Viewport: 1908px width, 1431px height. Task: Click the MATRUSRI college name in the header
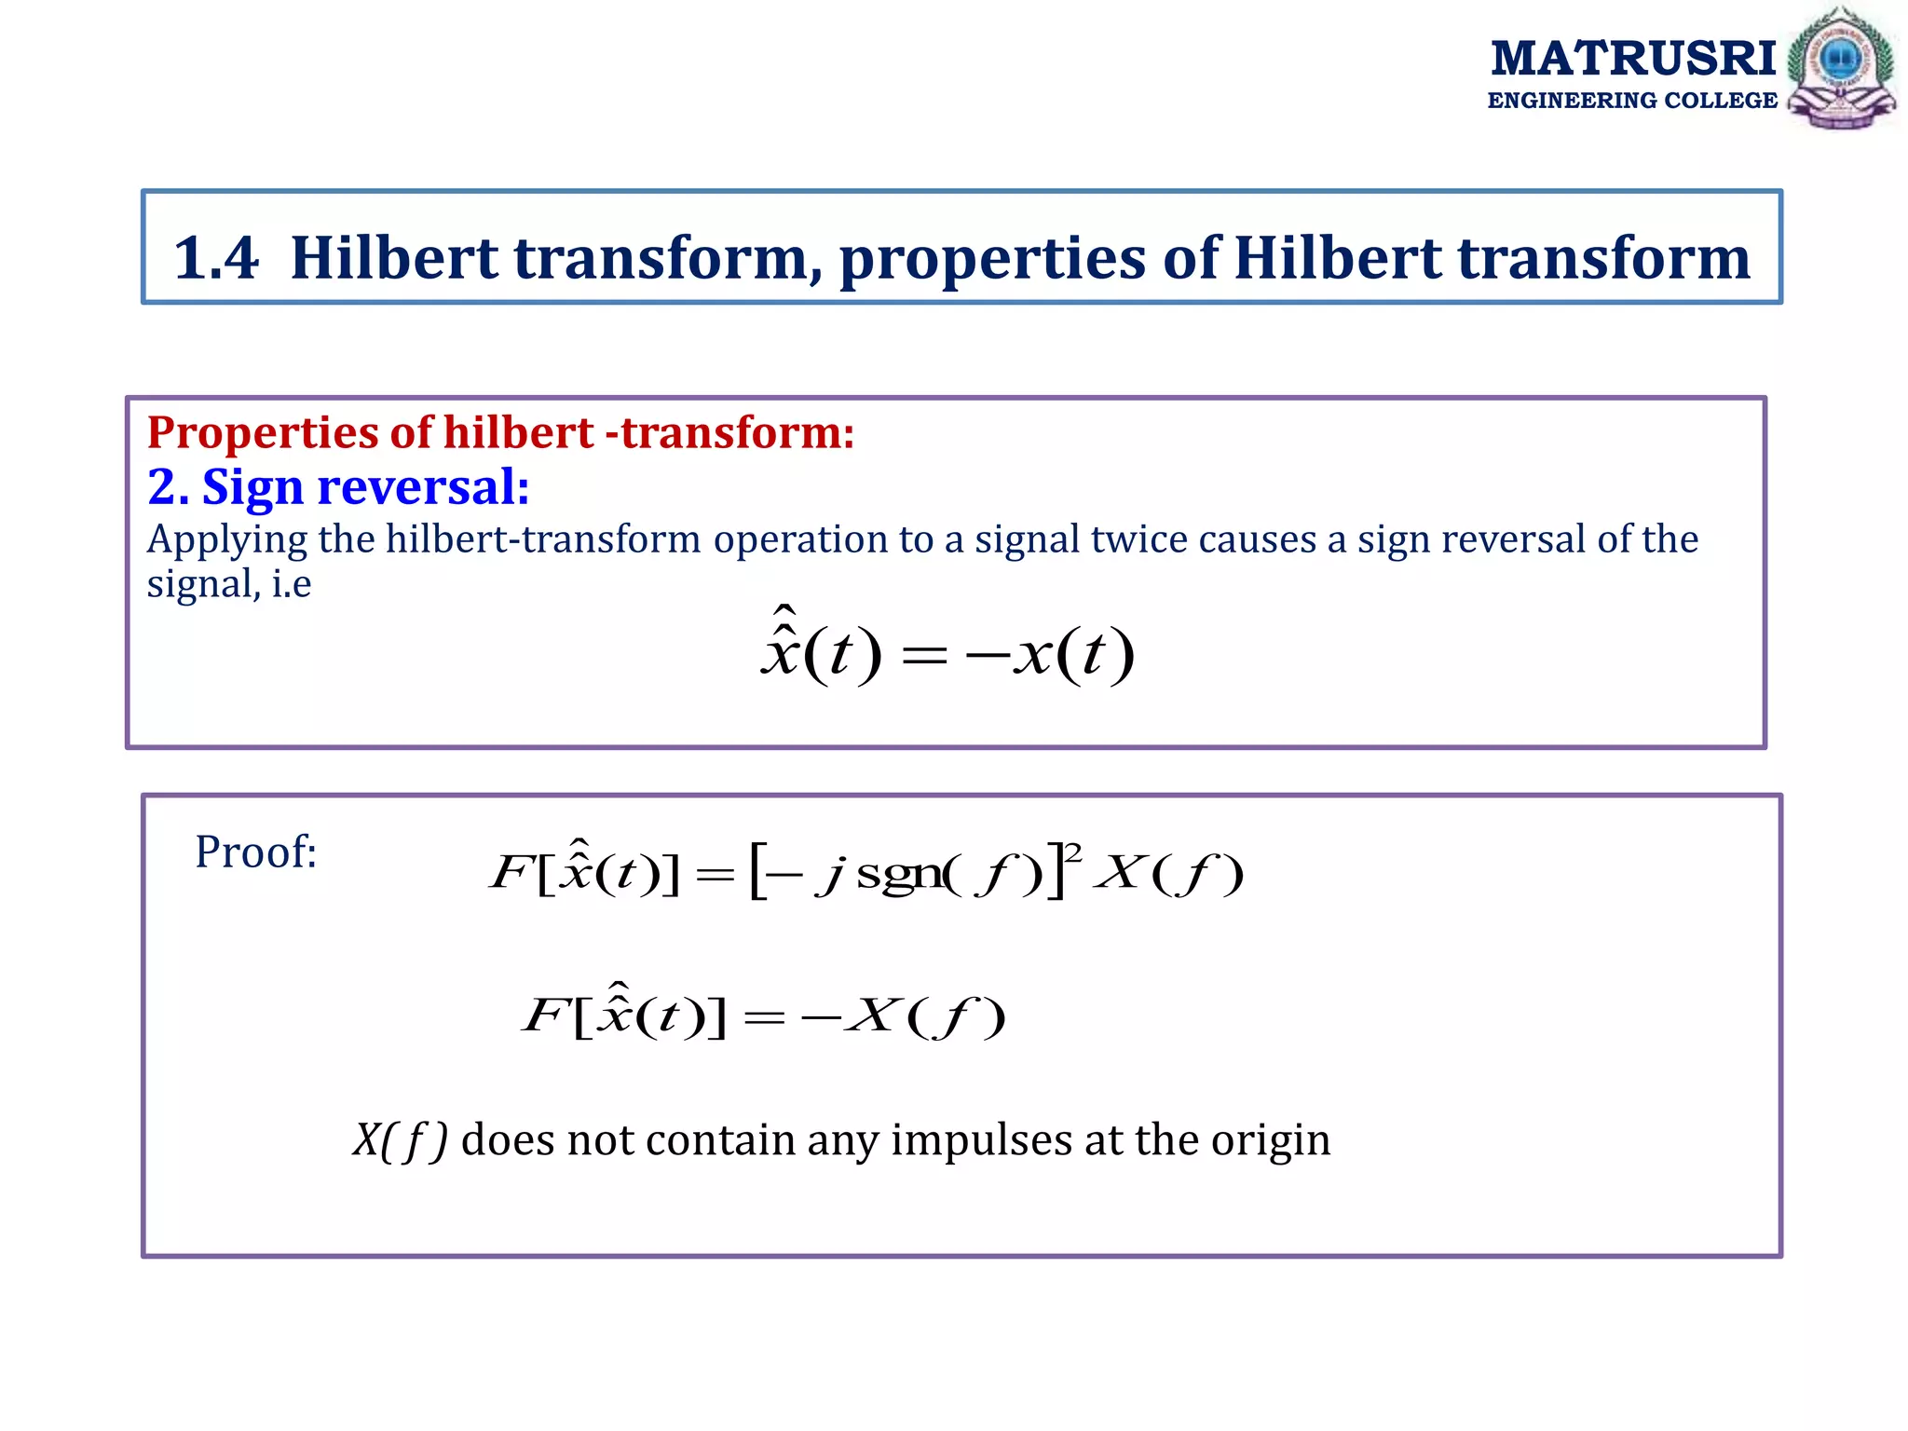tap(1632, 60)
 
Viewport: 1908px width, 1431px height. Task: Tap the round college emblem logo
tap(1841, 67)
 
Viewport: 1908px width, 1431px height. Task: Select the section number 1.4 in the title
tap(216, 258)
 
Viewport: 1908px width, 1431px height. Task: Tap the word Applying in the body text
tap(227, 540)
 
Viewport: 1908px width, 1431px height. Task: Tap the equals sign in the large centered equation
tap(924, 656)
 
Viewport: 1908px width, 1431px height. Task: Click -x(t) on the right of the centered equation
tap(1051, 654)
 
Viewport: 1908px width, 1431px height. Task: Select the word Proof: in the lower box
tap(256, 852)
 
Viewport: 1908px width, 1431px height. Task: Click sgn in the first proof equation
tap(898, 874)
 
